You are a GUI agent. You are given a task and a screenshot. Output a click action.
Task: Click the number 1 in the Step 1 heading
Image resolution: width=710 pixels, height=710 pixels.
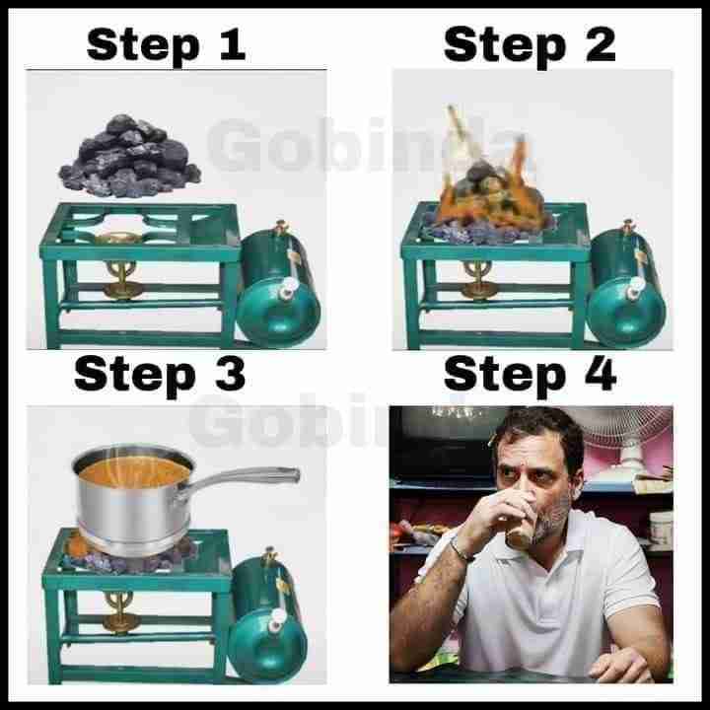click(233, 44)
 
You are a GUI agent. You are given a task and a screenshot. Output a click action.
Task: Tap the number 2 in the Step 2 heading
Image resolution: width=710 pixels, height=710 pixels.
click(601, 44)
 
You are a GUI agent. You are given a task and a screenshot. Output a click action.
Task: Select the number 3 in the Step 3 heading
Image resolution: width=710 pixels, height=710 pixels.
click(231, 374)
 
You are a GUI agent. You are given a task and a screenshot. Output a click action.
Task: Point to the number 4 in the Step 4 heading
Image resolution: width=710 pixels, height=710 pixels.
click(601, 374)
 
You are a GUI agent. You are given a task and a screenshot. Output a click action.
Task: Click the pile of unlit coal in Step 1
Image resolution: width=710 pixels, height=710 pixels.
click(130, 157)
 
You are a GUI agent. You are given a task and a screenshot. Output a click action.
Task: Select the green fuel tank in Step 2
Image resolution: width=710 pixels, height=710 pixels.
click(626, 284)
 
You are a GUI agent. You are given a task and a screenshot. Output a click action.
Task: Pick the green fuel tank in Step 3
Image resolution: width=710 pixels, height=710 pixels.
click(268, 615)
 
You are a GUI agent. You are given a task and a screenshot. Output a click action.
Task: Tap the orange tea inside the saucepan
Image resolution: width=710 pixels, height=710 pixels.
click(134, 471)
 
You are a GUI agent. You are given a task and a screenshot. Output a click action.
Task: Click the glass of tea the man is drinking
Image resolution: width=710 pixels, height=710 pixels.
click(520, 521)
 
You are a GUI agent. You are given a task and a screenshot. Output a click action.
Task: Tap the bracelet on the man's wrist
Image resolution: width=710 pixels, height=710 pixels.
click(461, 549)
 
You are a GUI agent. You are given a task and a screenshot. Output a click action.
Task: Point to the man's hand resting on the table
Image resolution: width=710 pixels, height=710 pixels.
click(619, 664)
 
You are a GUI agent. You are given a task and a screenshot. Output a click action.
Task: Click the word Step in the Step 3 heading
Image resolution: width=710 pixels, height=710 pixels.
click(135, 376)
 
